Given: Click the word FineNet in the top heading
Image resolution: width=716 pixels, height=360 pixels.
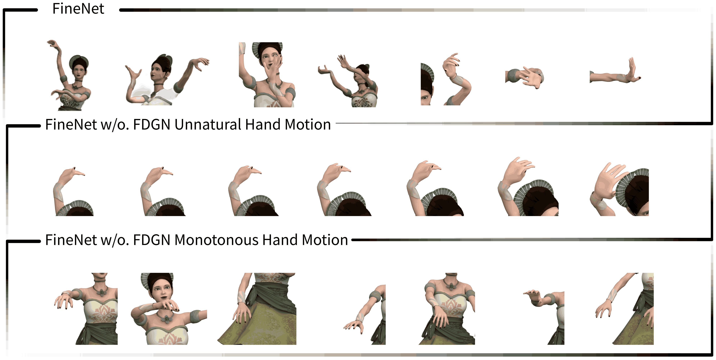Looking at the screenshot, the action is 78,9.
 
